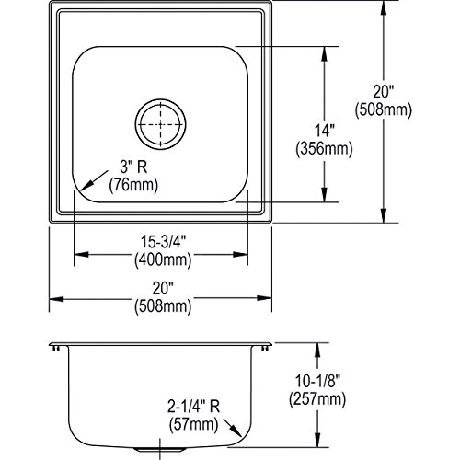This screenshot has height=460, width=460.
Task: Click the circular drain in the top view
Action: (x=160, y=124)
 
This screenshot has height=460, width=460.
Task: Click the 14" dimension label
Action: (x=324, y=131)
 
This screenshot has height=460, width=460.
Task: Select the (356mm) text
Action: (x=324, y=149)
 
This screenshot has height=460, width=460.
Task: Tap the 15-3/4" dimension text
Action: (x=163, y=242)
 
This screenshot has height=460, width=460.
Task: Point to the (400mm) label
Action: (x=163, y=260)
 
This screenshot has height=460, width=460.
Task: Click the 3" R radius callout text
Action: (x=133, y=167)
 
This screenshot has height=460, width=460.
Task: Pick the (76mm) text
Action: (x=133, y=185)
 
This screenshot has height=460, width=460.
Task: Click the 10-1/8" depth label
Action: (x=317, y=381)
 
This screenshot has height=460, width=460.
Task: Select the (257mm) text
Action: (x=317, y=399)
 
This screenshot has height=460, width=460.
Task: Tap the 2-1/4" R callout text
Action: (x=194, y=407)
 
